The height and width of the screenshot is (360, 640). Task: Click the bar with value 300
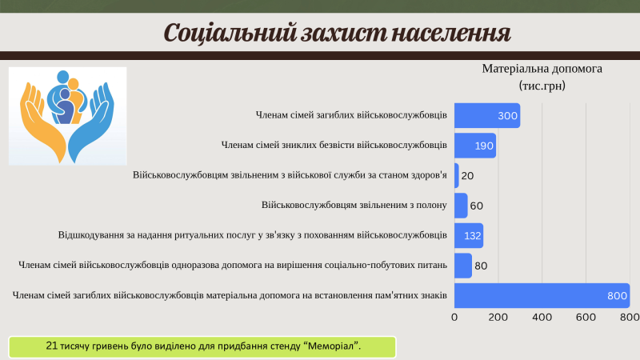click(x=487, y=115)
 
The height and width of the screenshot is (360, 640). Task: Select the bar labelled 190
click(x=475, y=146)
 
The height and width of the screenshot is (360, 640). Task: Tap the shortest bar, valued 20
click(x=457, y=175)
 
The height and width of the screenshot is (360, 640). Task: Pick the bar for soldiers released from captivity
click(x=461, y=206)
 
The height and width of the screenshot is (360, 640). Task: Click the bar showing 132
click(x=469, y=235)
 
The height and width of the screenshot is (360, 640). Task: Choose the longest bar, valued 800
click(x=542, y=295)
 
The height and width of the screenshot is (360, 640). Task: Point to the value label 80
click(x=481, y=266)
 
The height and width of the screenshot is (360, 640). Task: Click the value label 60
click(x=476, y=206)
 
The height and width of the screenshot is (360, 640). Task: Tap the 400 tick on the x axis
click(x=542, y=317)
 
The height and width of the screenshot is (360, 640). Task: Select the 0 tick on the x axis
click(x=454, y=317)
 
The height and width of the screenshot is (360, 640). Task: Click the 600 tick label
click(x=586, y=317)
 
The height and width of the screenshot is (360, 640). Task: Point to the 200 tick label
click(x=498, y=317)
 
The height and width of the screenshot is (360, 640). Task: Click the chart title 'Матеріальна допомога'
click(x=542, y=69)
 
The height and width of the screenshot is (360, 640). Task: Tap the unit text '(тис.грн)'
click(x=542, y=86)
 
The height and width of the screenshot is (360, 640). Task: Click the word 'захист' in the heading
click(x=344, y=33)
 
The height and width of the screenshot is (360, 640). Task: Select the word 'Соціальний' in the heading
click(x=230, y=33)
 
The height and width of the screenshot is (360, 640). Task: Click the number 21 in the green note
click(x=51, y=346)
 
